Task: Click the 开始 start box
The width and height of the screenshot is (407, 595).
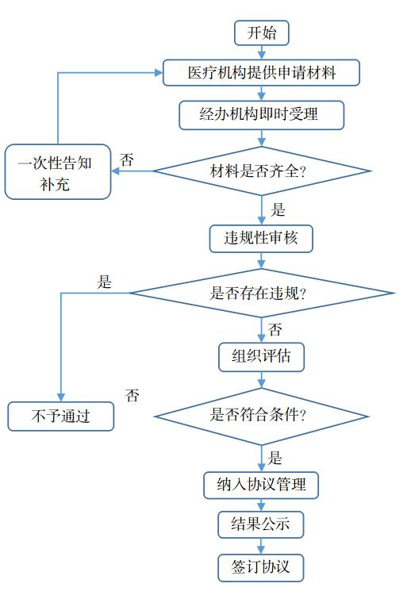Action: (x=261, y=33)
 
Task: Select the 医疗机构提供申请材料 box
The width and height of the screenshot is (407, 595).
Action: (x=261, y=73)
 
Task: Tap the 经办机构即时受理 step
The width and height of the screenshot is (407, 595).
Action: (x=261, y=115)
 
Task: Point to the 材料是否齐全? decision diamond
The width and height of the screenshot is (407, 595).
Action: (x=261, y=171)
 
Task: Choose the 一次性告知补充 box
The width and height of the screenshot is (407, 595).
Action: (x=57, y=171)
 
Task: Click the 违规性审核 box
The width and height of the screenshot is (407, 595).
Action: (x=261, y=237)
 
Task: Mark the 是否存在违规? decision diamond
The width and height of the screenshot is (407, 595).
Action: (x=261, y=293)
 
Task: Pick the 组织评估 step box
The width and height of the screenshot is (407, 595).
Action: (x=261, y=356)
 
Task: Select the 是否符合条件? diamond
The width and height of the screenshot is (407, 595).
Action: (x=261, y=415)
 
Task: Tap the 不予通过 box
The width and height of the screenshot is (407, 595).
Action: (x=60, y=416)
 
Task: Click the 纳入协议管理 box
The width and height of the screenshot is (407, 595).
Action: (x=261, y=484)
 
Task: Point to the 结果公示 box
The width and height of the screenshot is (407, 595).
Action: (x=261, y=524)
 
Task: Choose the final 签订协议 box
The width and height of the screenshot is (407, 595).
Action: (x=261, y=566)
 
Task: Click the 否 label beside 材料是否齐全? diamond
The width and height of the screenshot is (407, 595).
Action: (x=127, y=159)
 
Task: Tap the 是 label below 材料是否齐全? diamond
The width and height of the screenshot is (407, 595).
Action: (x=278, y=209)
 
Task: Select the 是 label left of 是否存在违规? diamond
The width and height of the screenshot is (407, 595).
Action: (x=105, y=282)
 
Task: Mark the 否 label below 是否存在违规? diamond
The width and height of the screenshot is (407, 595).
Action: (x=275, y=328)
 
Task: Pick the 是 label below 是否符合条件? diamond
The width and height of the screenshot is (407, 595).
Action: (x=275, y=457)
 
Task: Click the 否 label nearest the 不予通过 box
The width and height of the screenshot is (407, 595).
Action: (x=132, y=395)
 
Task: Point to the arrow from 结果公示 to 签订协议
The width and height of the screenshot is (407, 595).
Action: (x=261, y=546)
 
